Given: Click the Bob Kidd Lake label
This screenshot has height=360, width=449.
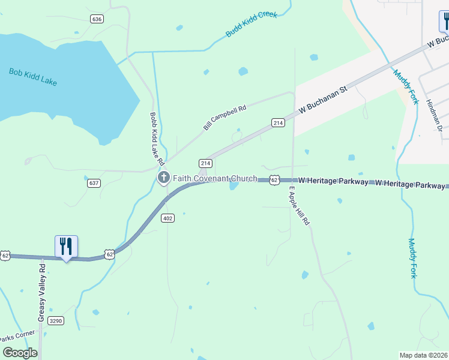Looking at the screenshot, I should [x=33, y=76].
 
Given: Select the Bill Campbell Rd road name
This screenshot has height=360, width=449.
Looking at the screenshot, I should [x=225, y=118].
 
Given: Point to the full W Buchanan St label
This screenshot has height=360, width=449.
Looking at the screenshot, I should [x=324, y=101].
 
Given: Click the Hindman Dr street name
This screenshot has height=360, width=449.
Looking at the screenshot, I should [x=433, y=115].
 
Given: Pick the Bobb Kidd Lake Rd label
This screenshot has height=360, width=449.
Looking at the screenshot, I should [x=156, y=139].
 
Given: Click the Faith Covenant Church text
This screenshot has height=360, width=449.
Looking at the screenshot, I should [x=215, y=178].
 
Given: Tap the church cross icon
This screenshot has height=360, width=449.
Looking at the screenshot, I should [x=163, y=178].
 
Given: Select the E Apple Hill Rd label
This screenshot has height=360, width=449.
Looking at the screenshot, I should [x=298, y=205].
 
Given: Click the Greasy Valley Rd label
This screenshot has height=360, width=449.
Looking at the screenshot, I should [x=42, y=292].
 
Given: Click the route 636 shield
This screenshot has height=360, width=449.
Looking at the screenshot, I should [x=97, y=19].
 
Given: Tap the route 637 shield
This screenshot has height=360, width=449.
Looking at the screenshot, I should [x=93, y=182].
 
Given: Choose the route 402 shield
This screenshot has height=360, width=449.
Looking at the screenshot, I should [x=167, y=218].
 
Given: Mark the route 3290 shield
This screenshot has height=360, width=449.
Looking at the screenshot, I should [x=56, y=321].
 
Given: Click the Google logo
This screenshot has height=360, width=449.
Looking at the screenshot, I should [x=20, y=353].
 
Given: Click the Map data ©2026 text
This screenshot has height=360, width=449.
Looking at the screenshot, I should [x=423, y=355].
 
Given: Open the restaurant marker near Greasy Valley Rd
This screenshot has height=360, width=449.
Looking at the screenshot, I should [x=66, y=247].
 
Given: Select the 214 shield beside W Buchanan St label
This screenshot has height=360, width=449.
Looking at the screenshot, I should [x=277, y=122].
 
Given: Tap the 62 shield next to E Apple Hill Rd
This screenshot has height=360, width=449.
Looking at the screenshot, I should [x=274, y=179].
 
